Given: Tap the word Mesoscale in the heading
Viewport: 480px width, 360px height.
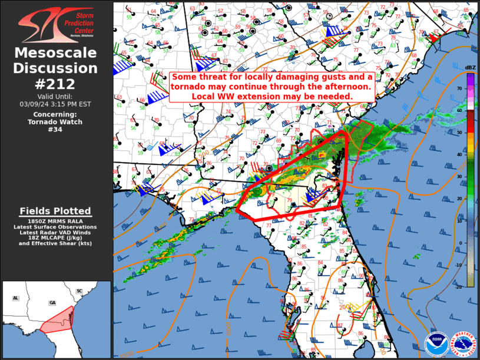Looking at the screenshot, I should [56, 53].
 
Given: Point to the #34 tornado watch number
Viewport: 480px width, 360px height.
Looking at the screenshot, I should [56, 130].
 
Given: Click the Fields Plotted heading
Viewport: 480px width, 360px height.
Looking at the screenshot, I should [55, 211].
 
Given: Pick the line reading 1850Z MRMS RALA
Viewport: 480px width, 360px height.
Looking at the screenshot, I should [55, 222].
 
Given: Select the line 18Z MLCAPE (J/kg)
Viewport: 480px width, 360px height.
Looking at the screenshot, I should [55, 237].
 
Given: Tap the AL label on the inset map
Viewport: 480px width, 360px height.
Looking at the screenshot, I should [15, 299].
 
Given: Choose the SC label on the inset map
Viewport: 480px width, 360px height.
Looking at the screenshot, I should [79, 291].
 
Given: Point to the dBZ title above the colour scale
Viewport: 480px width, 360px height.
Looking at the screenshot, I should [470, 67].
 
